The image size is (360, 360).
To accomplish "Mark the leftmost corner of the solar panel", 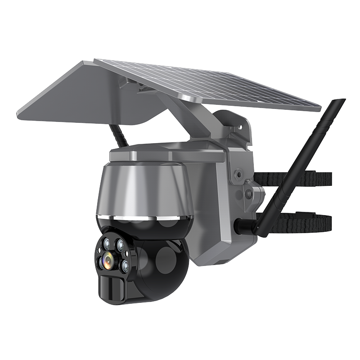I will click(18, 112).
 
